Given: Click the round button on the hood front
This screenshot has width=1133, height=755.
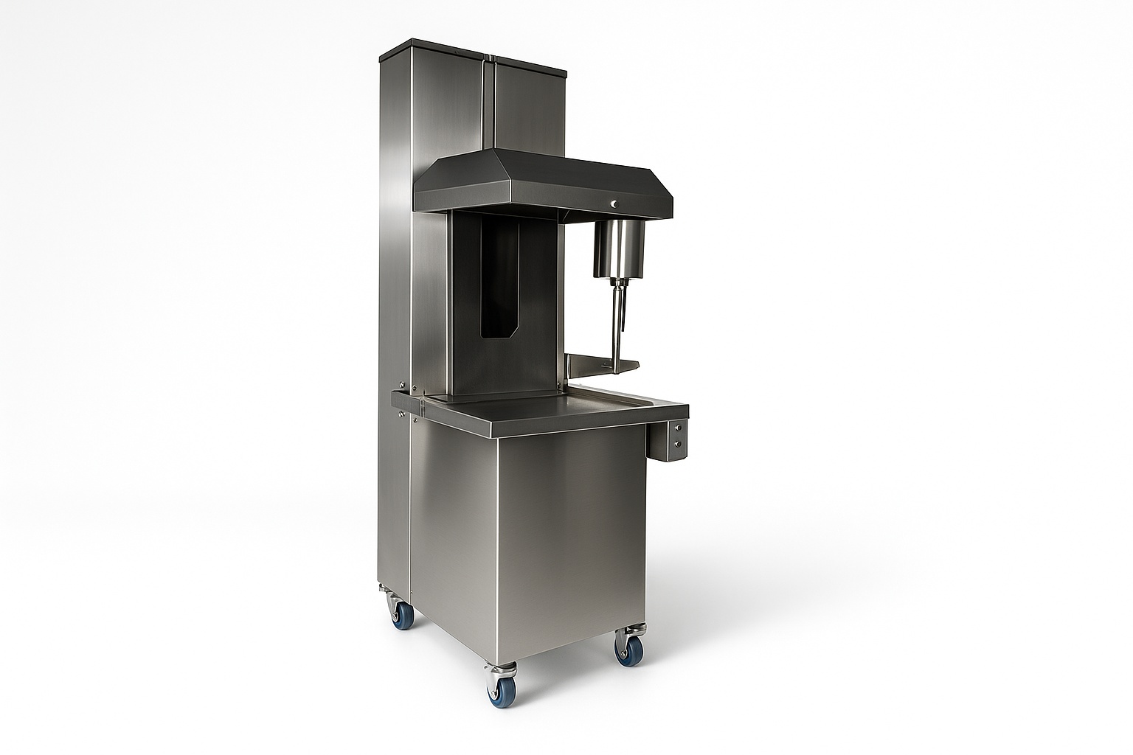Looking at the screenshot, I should tap(614, 203).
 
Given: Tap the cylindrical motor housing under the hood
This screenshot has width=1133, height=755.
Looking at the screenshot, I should tap(619, 248).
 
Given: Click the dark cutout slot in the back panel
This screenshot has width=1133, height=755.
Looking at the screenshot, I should tap(499, 280).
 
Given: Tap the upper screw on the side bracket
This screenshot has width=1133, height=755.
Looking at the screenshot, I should tap(678, 428).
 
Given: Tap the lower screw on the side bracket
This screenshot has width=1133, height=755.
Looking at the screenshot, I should tap(678, 445).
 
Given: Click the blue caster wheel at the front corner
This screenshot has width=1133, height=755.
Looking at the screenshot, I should tap(502, 692).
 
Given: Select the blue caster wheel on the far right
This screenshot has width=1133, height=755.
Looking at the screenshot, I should tap(629, 651).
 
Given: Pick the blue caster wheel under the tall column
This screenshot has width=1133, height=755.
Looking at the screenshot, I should tap(402, 614).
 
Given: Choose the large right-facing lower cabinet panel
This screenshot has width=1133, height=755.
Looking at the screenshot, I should tap(572, 538).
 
